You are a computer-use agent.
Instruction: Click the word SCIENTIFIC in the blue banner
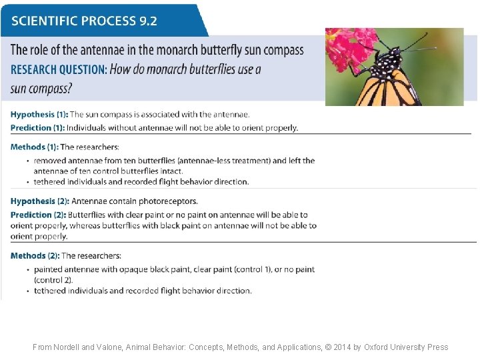[x=43, y=20]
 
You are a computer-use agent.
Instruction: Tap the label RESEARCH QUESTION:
[x=58, y=69]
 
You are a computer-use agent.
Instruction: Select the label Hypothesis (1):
[x=39, y=115]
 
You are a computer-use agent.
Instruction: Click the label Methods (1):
[x=35, y=147]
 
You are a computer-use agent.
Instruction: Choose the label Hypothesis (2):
[x=39, y=201]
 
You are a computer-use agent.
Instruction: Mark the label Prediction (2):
[x=38, y=215]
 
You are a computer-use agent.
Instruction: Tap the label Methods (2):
[x=35, y=255]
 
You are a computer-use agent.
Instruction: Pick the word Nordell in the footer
[x=69, y=347]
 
